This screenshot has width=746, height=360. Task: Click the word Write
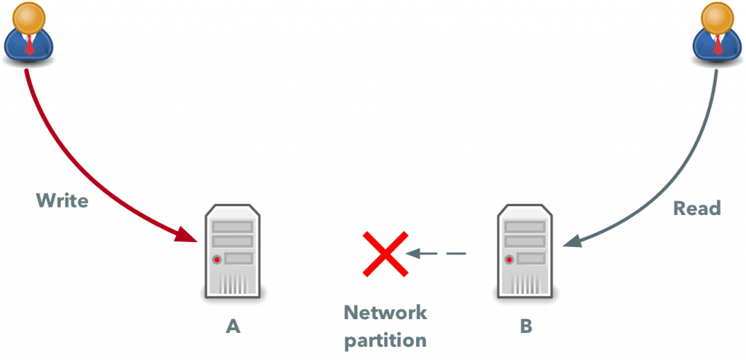point(63,200)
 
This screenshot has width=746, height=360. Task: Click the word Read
point(696,208)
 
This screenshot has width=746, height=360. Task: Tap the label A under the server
point(232,326)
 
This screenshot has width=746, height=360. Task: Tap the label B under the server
point(525,326)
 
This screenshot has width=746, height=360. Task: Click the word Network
point(385,313)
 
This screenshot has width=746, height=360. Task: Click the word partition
point(385,340)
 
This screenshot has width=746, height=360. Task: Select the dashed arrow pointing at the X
point(436,254)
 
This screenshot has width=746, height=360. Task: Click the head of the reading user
point(716,17)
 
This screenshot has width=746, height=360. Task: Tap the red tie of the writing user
point(29,45)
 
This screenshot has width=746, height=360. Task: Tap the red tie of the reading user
point(717,45)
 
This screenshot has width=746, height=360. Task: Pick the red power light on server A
point(216,259)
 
